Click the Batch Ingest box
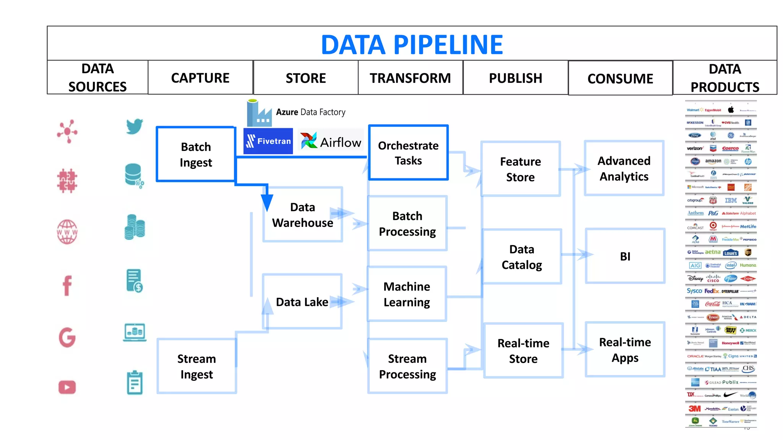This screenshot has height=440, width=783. click(x=196, y=154)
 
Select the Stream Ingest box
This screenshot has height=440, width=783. click(x=197, y=366)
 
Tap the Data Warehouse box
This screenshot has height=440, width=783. click(x=302, y=215)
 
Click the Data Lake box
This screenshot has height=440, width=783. click(x=302, y=302)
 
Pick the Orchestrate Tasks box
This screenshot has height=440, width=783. click(x=408, y=153)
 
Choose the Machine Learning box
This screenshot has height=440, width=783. click(x=407, y=294)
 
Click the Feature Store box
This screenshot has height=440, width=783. click(x=520, y=169)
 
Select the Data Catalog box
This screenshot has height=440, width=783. click(x=521, y=257)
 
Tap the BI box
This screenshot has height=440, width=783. click(x=625, y=256)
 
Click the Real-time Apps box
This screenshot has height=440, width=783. click(x=625, y=349)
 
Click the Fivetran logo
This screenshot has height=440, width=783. click(x=268, y=141)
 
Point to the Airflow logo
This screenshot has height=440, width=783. click(x=331, y=141)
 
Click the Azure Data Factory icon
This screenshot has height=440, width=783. click(x=259, y=113)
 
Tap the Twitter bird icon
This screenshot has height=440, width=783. click(x=135, y=126)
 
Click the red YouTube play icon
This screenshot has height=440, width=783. click(x=67, y=387)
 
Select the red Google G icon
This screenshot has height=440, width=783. click(x=67, y=337)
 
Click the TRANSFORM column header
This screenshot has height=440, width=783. click(x=410, y=78)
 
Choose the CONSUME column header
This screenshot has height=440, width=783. click(x=620, y=78)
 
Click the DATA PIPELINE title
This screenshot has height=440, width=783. click(x=412, y=45)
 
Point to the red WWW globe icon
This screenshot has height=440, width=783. click(x=67, y=231)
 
